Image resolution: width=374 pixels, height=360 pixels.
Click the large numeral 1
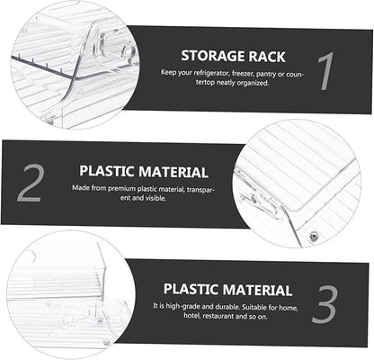tap(326, 71)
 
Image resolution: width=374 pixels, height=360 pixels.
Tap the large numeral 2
tap(31, 183)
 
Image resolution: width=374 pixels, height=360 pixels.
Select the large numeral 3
tap(325, 304)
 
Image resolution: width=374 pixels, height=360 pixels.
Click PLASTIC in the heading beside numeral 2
tap(106, 171)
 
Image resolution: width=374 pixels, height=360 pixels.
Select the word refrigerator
tap(211, 74)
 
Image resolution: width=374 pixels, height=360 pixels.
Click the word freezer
tap(243, 74)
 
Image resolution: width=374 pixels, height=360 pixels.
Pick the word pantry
tap(266, 74)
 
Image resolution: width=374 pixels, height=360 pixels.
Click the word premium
tap(121, 189)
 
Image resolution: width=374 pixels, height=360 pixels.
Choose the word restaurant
tap(219, 316)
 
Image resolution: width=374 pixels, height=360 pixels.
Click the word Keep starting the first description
tap(168, 73)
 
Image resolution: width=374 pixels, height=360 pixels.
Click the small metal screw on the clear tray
tap(314, 237)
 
